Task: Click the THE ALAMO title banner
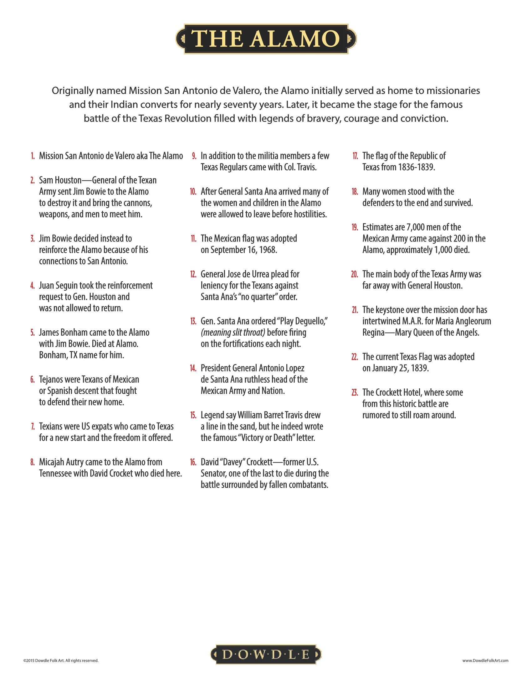coord(266,39)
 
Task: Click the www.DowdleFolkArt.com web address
coord(485,660)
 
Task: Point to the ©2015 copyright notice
coord(61,660)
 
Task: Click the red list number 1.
coord(33,156)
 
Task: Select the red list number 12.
coord(193,274)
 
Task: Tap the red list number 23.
coord(355,393)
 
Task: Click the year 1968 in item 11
coord(268,250)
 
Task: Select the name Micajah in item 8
coord(52,462)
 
